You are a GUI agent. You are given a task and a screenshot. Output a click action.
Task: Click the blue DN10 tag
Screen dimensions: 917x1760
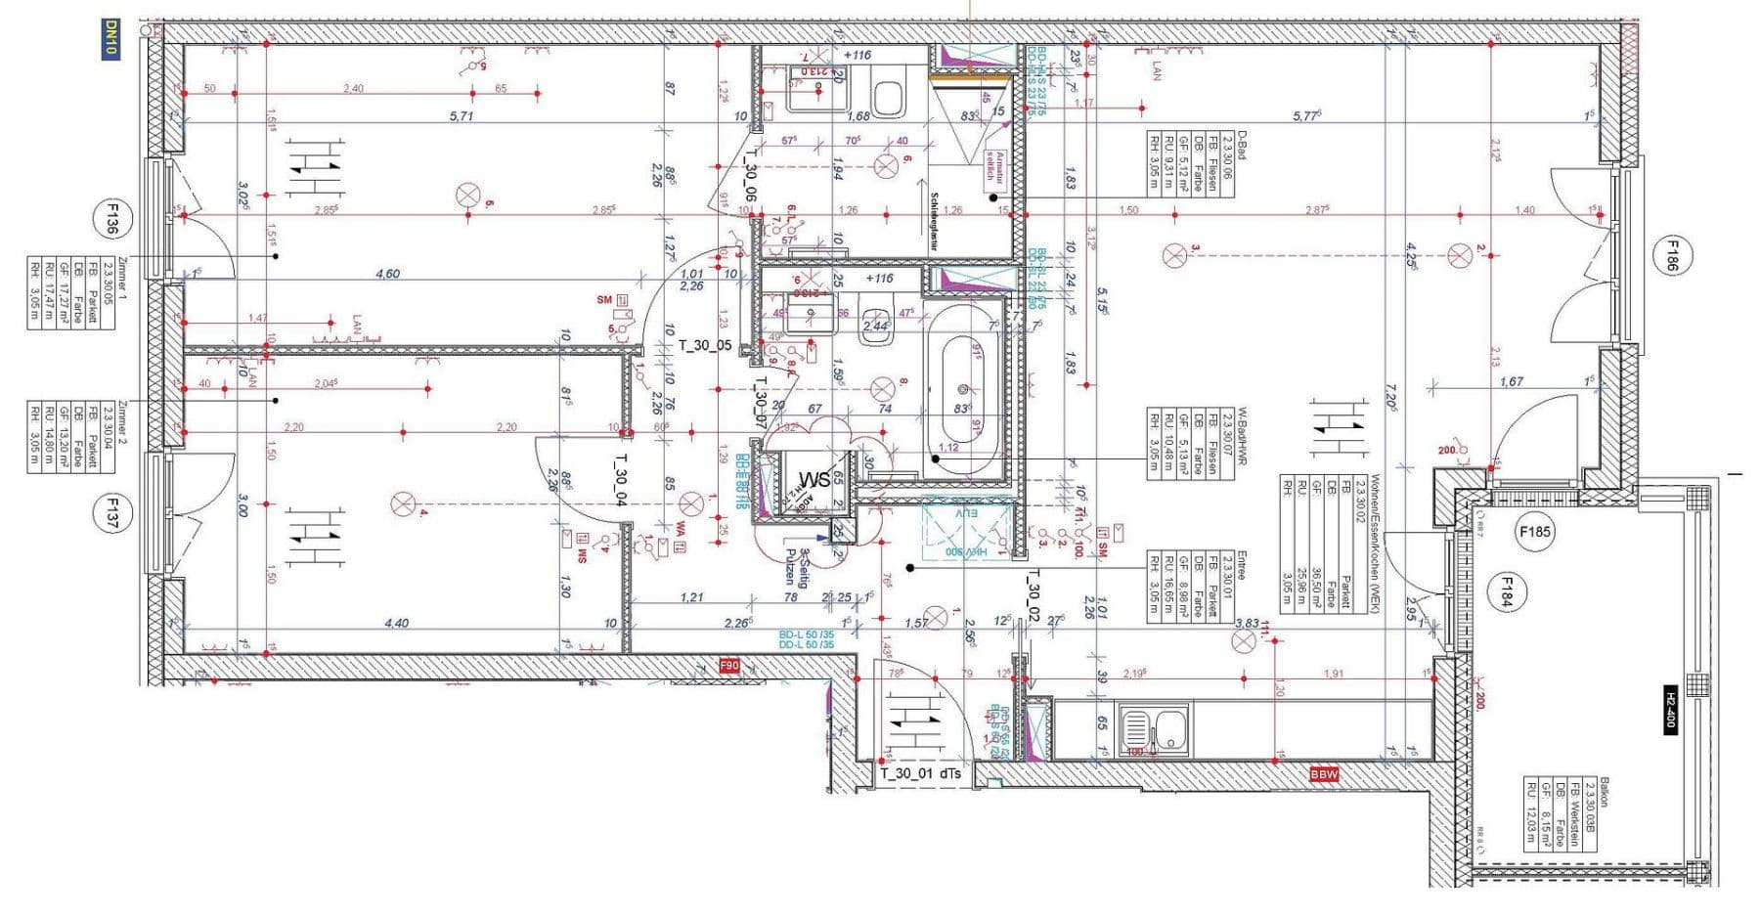[x=110, y=39]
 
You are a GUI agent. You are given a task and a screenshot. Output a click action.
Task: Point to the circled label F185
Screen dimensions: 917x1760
[x=1534, y=533]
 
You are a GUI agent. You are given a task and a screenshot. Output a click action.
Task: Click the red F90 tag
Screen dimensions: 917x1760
[x=729, y=666]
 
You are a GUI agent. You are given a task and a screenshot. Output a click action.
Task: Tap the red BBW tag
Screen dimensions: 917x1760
[x=1324, y=774]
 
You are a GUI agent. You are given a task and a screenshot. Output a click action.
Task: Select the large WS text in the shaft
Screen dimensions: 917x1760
[x=814, y=479]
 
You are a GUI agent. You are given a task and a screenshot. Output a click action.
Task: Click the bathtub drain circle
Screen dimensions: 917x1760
[x=962, y=387]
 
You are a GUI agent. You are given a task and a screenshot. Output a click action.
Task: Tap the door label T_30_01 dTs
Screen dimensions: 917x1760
[x=920, y=773]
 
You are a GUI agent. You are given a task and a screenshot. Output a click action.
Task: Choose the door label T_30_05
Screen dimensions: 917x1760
[x=705, y=345]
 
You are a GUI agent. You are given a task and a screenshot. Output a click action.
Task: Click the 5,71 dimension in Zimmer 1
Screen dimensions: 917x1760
[x=461, y=115]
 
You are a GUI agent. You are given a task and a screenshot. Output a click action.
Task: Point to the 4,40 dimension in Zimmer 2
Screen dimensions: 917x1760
[x=396, y=623]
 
